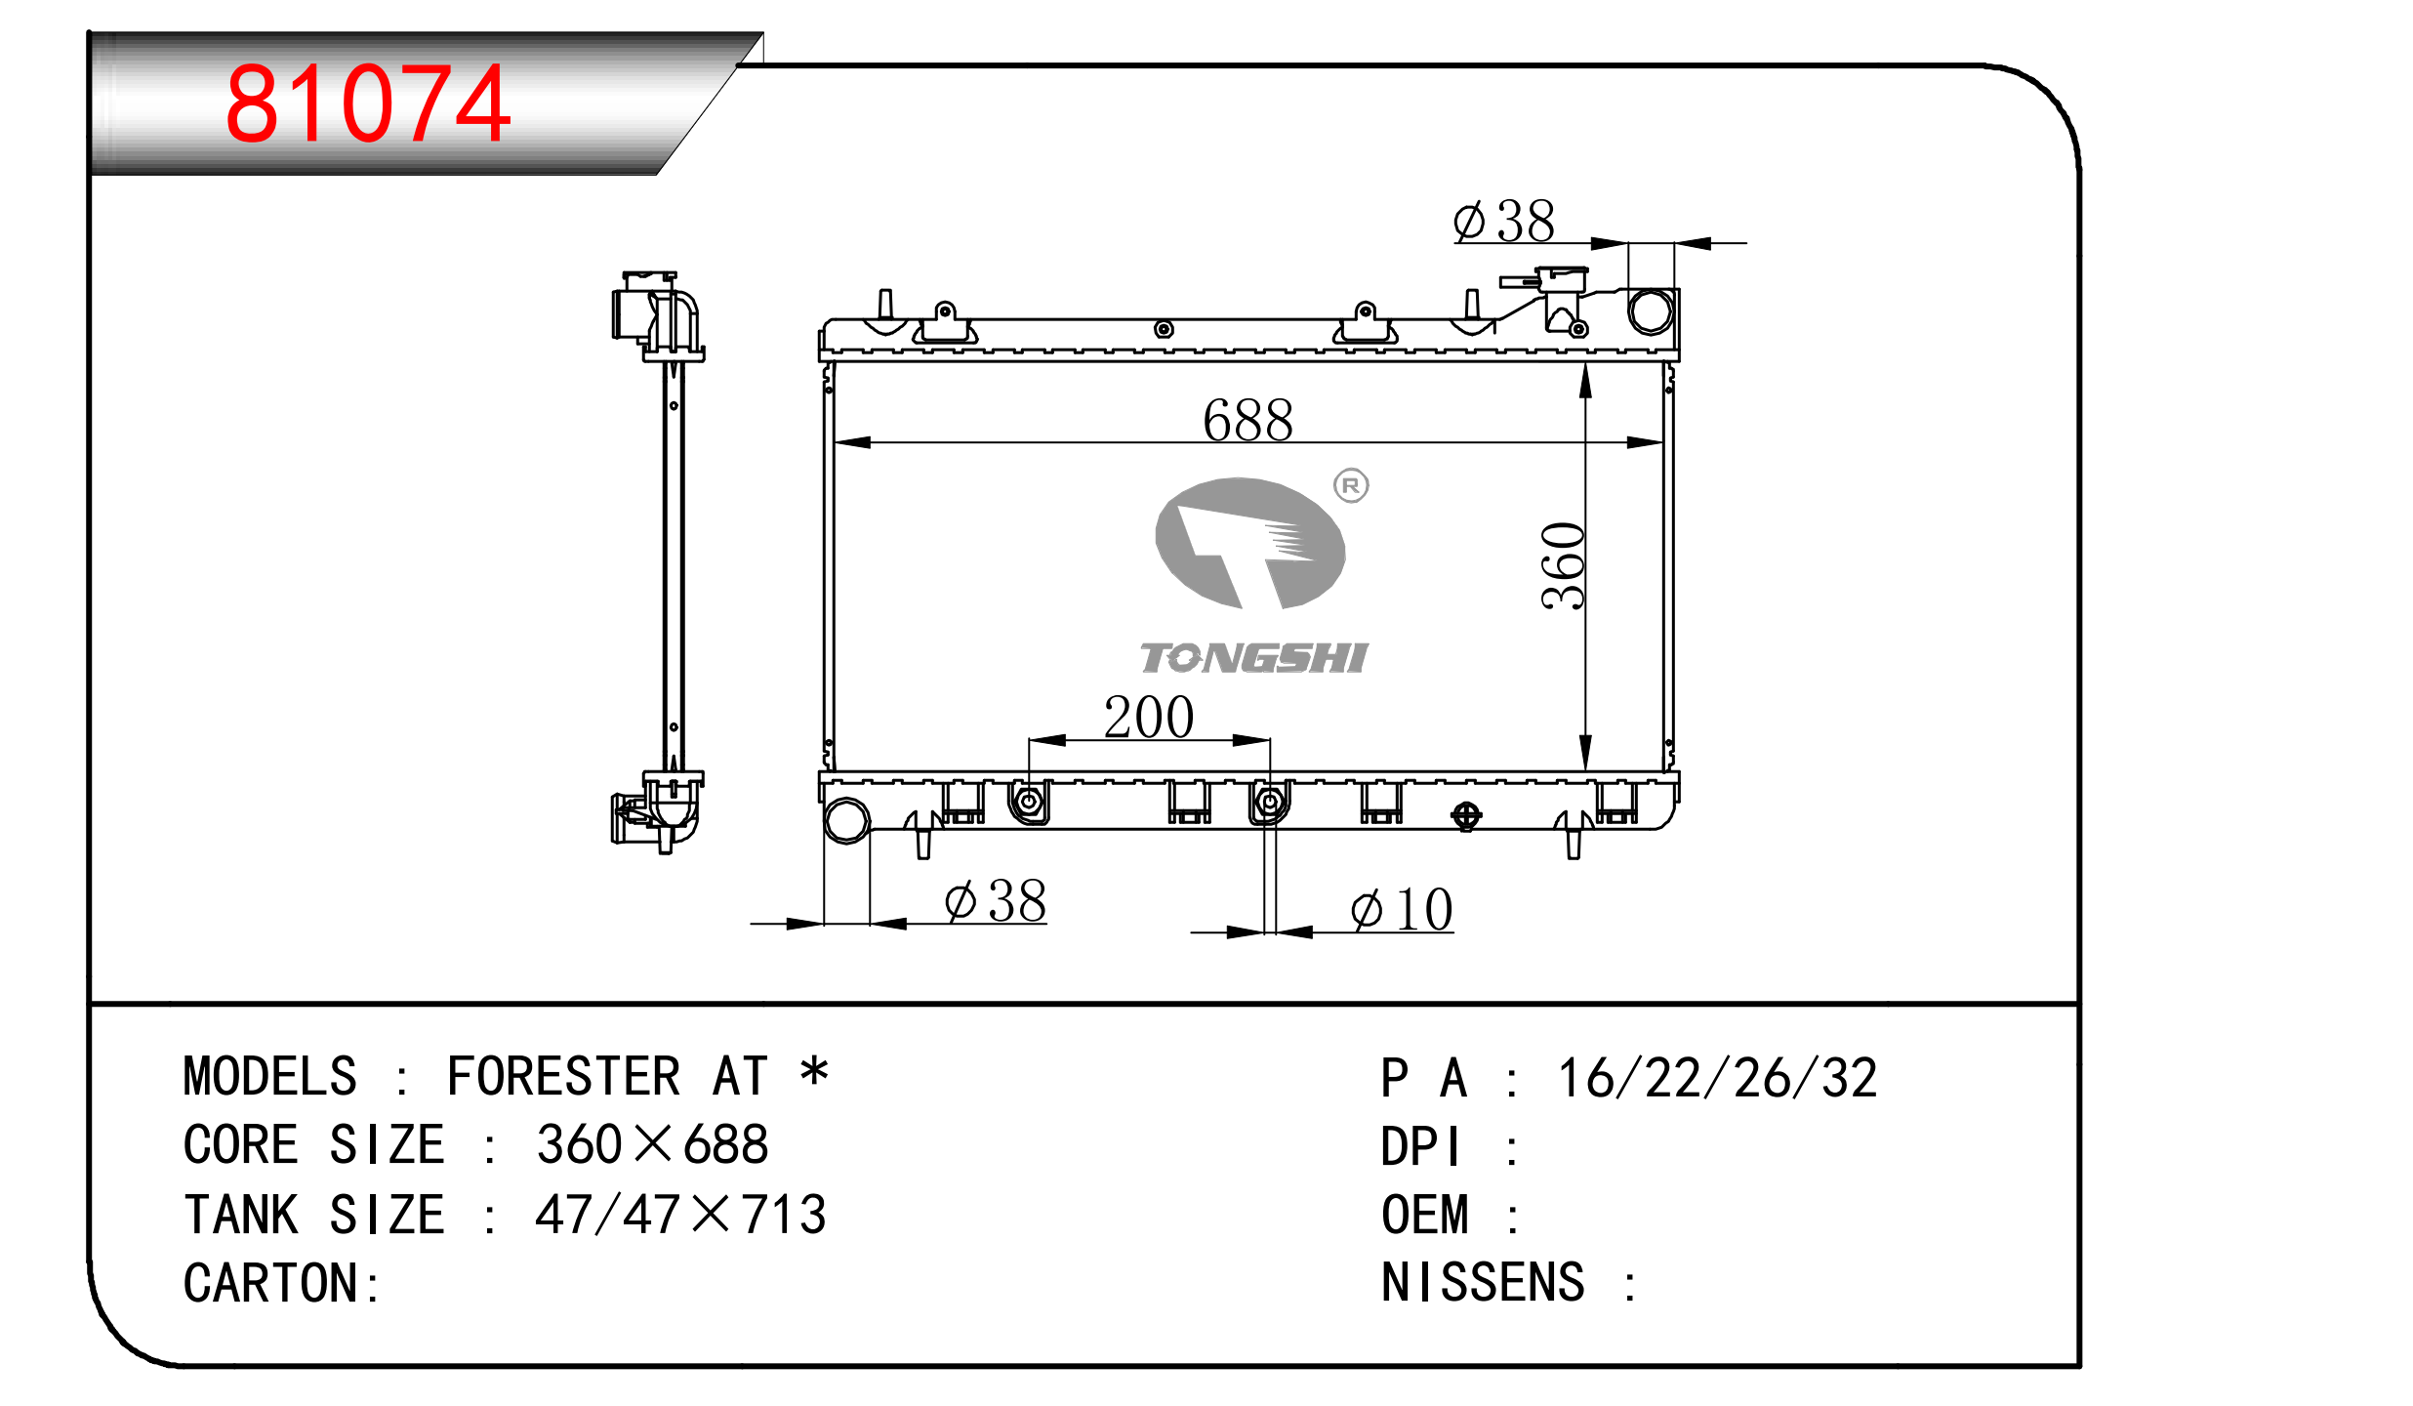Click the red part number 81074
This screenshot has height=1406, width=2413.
point(368,103)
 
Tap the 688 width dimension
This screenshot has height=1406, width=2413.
point(1247,420)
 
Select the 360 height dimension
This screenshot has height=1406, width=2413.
point(1563,566)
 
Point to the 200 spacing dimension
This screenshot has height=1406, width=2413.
point(1149,717)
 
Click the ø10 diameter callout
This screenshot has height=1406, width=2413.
point(1402,909)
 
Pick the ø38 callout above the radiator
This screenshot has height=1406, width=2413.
point(1503,221)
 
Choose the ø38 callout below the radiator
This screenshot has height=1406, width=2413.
point(995,900)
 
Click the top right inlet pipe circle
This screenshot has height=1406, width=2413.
point(1651,311)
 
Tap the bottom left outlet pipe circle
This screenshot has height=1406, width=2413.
point(846,821)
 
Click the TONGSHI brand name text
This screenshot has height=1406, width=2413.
point(1254,658)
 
